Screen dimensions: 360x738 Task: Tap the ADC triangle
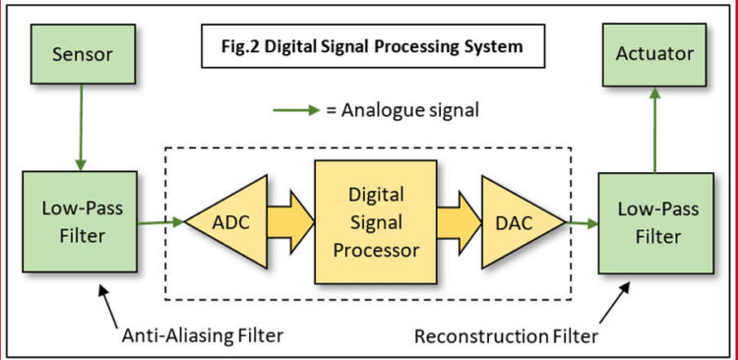(x=232, y=222)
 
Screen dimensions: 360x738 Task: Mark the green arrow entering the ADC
(x=161, y=222)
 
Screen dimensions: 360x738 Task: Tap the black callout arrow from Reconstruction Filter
(x=615, y=304)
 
